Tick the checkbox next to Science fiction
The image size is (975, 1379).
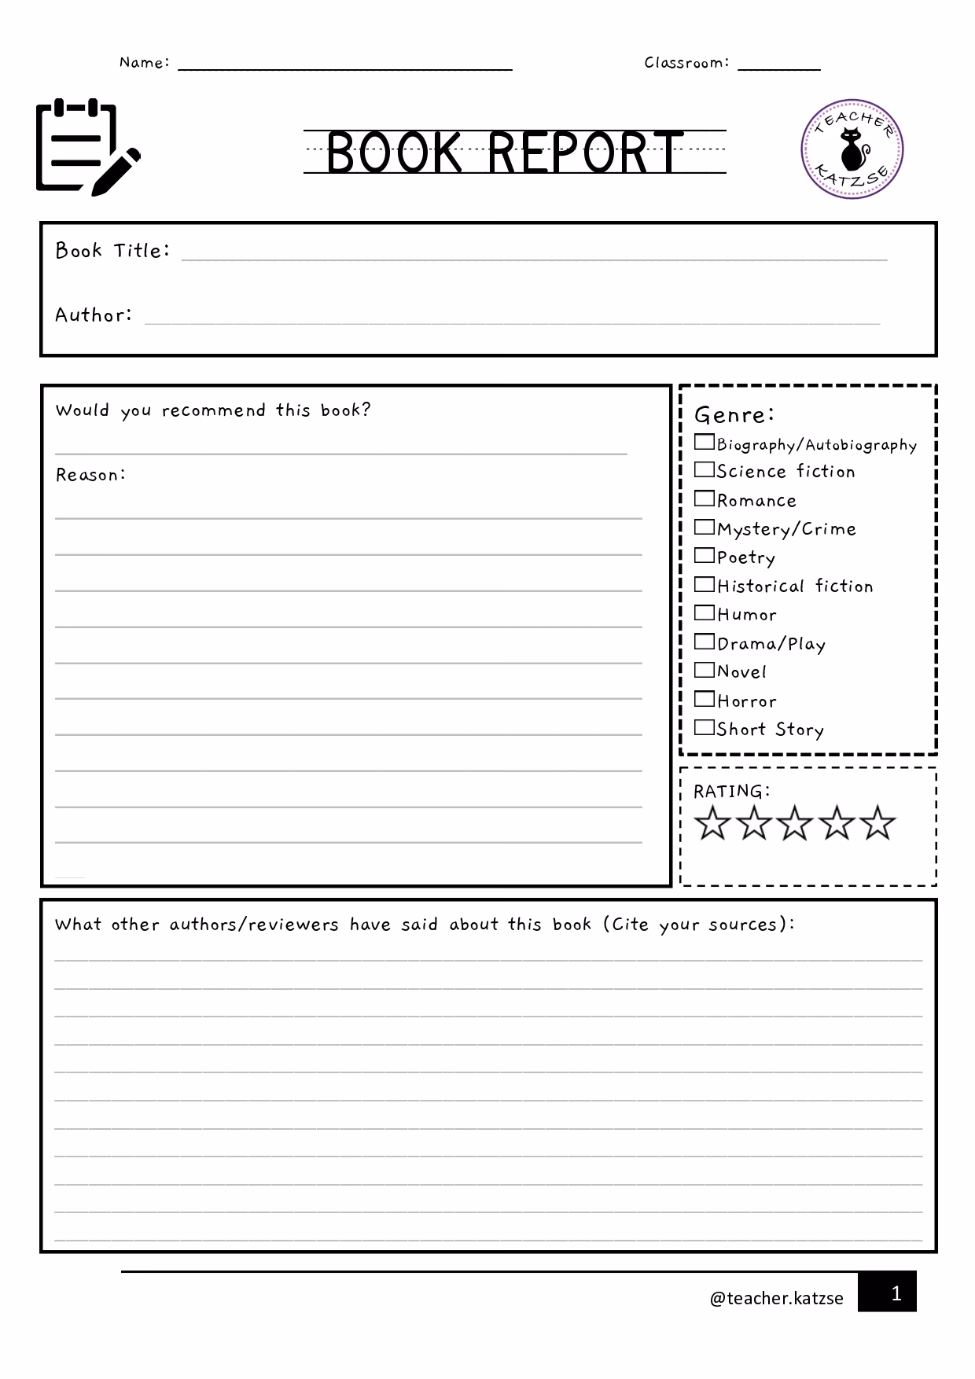tap(704, 470)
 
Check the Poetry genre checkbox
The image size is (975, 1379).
tap(704, 556)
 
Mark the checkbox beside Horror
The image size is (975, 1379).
tap(704, 699)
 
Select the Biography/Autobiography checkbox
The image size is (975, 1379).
tap(704, 443)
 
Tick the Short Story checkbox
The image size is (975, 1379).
tap(704, 727)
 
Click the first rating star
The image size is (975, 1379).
tap(712, 822)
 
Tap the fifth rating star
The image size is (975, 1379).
tap(877, 822)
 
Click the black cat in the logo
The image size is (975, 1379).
tap(852, 150)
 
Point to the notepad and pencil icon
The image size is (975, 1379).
tap(86, 147)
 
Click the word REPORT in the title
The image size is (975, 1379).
tap(585, 153)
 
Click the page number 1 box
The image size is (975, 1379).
tap(887, 1291)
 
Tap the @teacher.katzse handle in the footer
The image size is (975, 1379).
tap(776, 1298)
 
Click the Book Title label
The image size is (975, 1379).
tap(112, 251)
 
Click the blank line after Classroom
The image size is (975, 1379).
tap(778, 64)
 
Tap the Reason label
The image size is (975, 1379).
tap(90, 475)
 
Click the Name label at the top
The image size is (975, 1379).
tap(144, 63)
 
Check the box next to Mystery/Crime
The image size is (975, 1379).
tap(704, 527)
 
